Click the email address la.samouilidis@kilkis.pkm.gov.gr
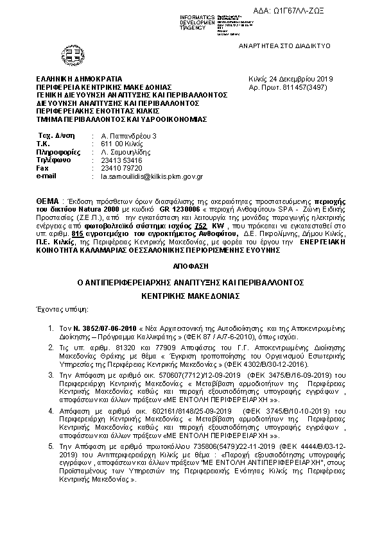(148, 175)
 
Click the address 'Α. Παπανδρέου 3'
(119, 136)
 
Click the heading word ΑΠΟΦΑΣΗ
(191, 264)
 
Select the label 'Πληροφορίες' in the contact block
(55, 152)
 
